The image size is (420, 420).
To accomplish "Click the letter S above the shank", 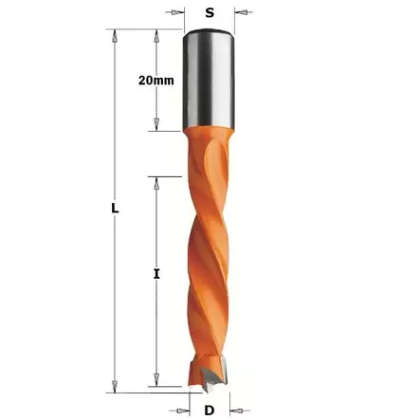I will [x=209, y=14].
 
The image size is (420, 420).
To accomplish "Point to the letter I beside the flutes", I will [x=155, y=275].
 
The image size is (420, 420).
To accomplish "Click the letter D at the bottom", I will [x=210, y=409].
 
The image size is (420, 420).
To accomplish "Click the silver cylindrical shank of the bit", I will [x=209, y=81].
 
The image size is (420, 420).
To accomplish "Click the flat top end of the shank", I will [x=209, y=32].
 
